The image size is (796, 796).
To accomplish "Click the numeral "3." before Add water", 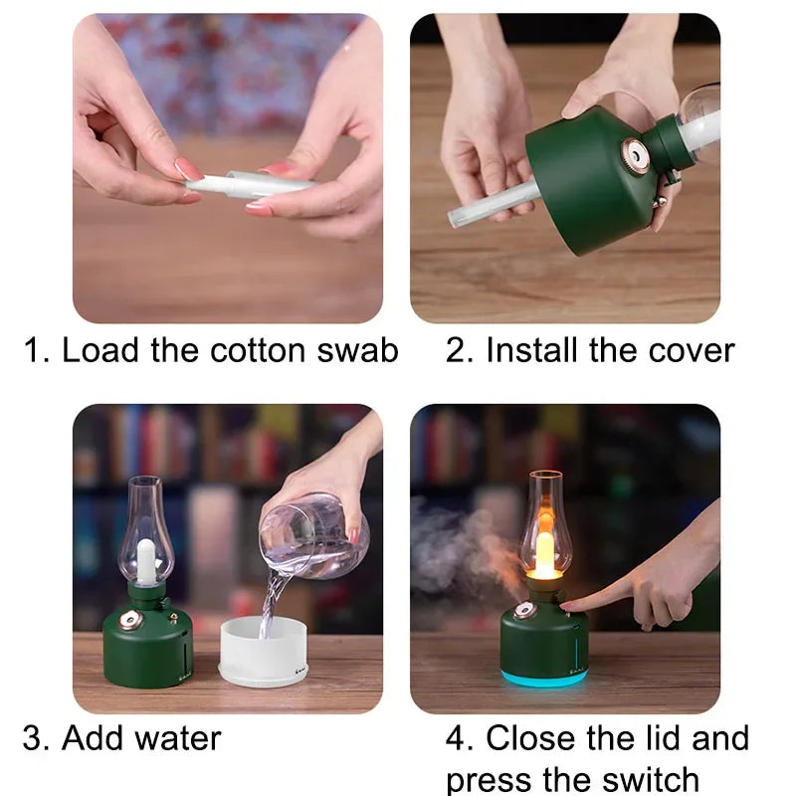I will tap(36, 738).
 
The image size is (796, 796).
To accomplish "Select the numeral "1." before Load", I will tap(38, 351).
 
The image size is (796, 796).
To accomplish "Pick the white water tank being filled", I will tap(264, 652).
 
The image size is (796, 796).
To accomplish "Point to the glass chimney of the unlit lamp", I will tap(147, 527).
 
